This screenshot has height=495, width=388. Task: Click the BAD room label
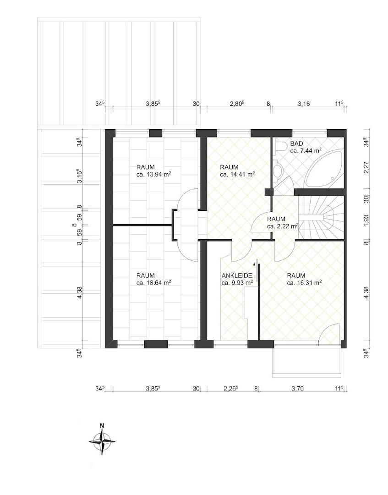point(296,144)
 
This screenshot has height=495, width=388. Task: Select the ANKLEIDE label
point(237,275)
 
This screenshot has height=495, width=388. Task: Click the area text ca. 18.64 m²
point(154,283)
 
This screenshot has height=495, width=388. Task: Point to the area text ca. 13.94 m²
point(154,174)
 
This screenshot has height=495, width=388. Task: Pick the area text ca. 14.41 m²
point(238,174)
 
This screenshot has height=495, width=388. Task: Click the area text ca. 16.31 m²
point(305,283)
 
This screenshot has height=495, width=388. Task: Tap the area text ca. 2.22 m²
point(283,226)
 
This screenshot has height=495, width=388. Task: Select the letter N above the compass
point(102,425)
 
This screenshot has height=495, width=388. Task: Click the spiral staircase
point(321,218)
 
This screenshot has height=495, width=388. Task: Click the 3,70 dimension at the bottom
point(298,389)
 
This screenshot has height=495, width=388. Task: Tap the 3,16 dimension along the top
point(304,104)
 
